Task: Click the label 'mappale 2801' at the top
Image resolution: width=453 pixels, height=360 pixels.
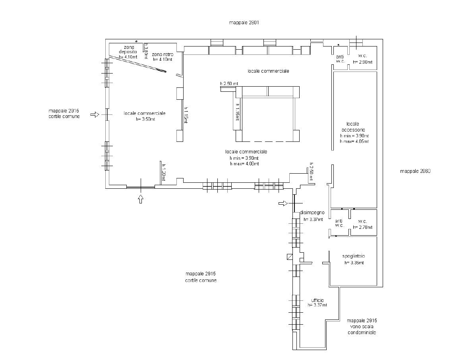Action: point(244,23)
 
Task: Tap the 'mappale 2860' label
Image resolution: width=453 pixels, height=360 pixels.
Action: point(415,171)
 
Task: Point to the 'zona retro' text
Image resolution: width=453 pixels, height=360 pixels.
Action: point(162,54)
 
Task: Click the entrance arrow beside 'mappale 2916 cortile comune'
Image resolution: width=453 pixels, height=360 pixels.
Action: point(95,114)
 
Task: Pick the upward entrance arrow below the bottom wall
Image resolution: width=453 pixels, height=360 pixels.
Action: point(140,199)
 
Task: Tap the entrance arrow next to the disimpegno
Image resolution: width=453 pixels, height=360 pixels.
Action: point(283,203)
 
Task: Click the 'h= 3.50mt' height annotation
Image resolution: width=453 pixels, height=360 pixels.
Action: point(144,119)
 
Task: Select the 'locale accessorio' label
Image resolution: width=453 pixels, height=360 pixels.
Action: point(355,127)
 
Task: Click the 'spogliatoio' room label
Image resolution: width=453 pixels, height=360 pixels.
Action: point(354,256)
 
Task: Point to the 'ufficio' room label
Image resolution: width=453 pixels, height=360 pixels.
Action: point(317,300)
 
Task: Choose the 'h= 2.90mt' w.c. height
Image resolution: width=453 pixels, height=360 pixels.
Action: point(362,62)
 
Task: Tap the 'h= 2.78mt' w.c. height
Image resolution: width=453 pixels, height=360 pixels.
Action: point(362,227)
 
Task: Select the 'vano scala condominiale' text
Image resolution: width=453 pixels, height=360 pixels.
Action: point(362,330)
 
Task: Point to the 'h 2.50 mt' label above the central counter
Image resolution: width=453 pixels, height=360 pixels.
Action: point(229,84)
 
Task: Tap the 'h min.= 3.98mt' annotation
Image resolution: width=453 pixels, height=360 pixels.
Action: point(244,158)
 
